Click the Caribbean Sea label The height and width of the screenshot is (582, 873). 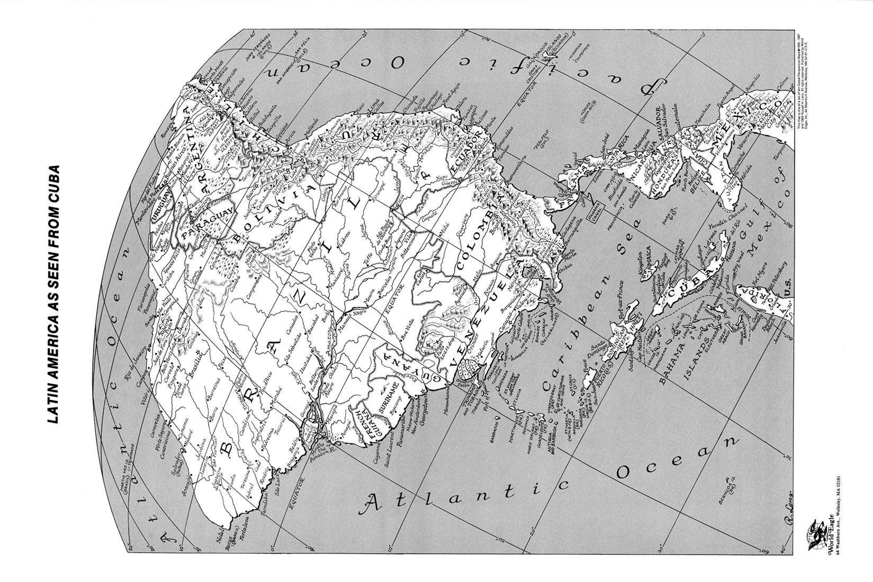[582, 328]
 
